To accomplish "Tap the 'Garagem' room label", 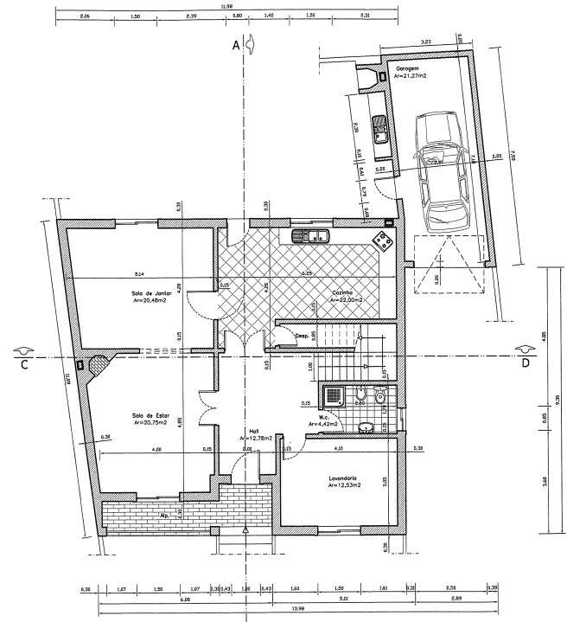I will [x=407, y=67].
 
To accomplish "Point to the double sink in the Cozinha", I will [x=309, y=234].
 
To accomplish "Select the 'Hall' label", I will [x=254, y=432].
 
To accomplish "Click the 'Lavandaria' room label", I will [x=342, y=479].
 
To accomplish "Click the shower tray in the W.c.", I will [x=334, y=396].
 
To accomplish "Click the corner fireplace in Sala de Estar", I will [x=98, y=363].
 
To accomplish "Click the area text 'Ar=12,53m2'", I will [x=343, y=486].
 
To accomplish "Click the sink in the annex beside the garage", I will [x=378, y=130].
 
